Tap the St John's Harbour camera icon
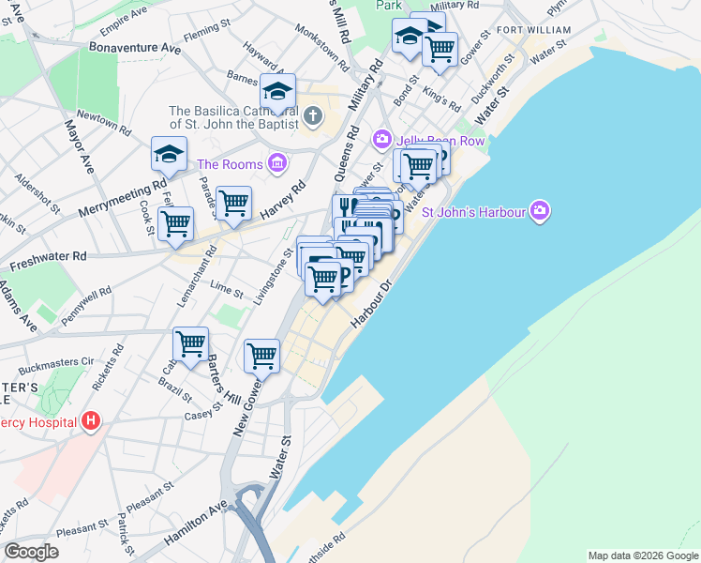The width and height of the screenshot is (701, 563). (539, 211)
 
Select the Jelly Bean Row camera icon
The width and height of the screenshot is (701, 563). (382, 140)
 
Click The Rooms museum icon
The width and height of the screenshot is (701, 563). (276, 164)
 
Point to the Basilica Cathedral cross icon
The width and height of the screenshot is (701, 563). (313, 117)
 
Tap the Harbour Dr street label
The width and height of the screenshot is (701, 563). (370, 301)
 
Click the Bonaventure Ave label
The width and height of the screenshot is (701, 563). (134, 46)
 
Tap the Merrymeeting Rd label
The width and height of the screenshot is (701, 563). (122, 194)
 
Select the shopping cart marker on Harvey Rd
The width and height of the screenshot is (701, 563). (233, 202)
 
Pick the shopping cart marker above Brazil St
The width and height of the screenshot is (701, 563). (191, 344)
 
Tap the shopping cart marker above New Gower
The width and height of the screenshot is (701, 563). (261, 356)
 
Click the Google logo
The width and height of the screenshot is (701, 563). (32, 552)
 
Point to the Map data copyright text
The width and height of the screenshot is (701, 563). (644, 555)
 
